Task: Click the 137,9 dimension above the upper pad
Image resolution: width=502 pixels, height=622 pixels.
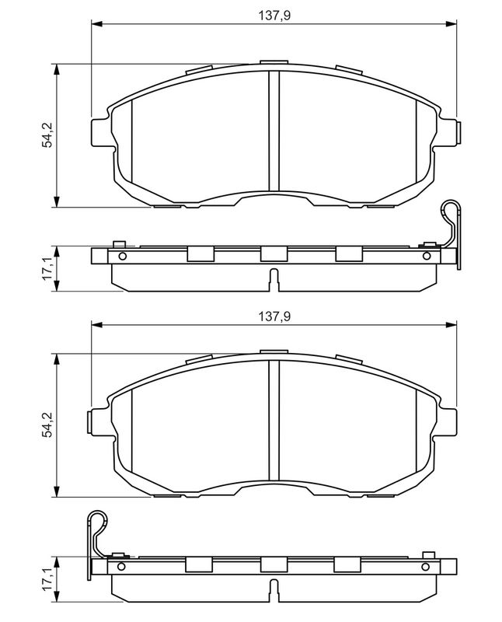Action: click(x=274, y=16)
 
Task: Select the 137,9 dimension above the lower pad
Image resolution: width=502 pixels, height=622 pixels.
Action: click(x=274, y=316)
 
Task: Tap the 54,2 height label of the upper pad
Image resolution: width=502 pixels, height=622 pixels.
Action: click(x=47, y=135)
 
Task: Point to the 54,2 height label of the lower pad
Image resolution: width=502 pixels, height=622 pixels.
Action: click(x=47, y=425)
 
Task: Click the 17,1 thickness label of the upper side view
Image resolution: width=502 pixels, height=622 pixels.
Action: click(x=47, y=268)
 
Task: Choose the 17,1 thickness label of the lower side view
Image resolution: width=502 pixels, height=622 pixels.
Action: click(x=47, y=579)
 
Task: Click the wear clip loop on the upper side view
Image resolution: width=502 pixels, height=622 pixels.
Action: click(x=452, y=208)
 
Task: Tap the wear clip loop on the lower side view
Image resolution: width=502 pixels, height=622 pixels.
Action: click(x=98, y=519)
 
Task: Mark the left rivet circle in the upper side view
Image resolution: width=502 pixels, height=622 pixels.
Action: click(x=123, y=257)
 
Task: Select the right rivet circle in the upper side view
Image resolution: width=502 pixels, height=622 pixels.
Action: click(x=427, y=257)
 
